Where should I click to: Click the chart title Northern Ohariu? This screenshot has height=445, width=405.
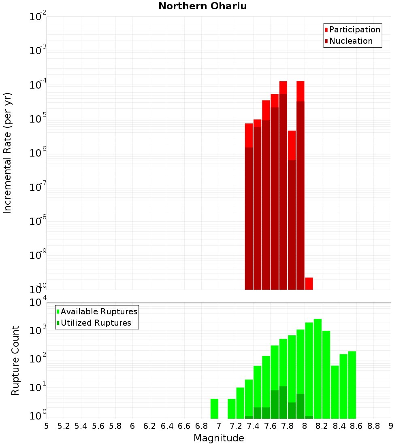202,6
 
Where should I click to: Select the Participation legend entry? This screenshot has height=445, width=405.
352,30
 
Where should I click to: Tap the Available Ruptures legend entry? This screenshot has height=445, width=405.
97,311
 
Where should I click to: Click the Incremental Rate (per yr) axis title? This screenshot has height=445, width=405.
7,153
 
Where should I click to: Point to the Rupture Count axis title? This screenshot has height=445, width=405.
15,360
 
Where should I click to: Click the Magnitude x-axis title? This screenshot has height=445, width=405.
219,438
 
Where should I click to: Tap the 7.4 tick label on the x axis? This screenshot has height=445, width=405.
253,426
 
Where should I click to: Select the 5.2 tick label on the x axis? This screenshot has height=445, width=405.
64,426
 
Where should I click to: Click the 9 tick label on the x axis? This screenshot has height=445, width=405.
391,426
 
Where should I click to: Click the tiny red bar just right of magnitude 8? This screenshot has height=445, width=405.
309,284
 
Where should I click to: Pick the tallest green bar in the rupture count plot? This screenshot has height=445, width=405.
318,368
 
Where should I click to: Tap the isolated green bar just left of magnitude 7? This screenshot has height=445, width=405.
214,409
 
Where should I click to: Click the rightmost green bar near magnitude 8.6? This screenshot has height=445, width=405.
352,384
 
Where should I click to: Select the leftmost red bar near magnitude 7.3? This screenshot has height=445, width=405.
249,206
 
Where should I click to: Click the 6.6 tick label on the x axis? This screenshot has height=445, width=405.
184,426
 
